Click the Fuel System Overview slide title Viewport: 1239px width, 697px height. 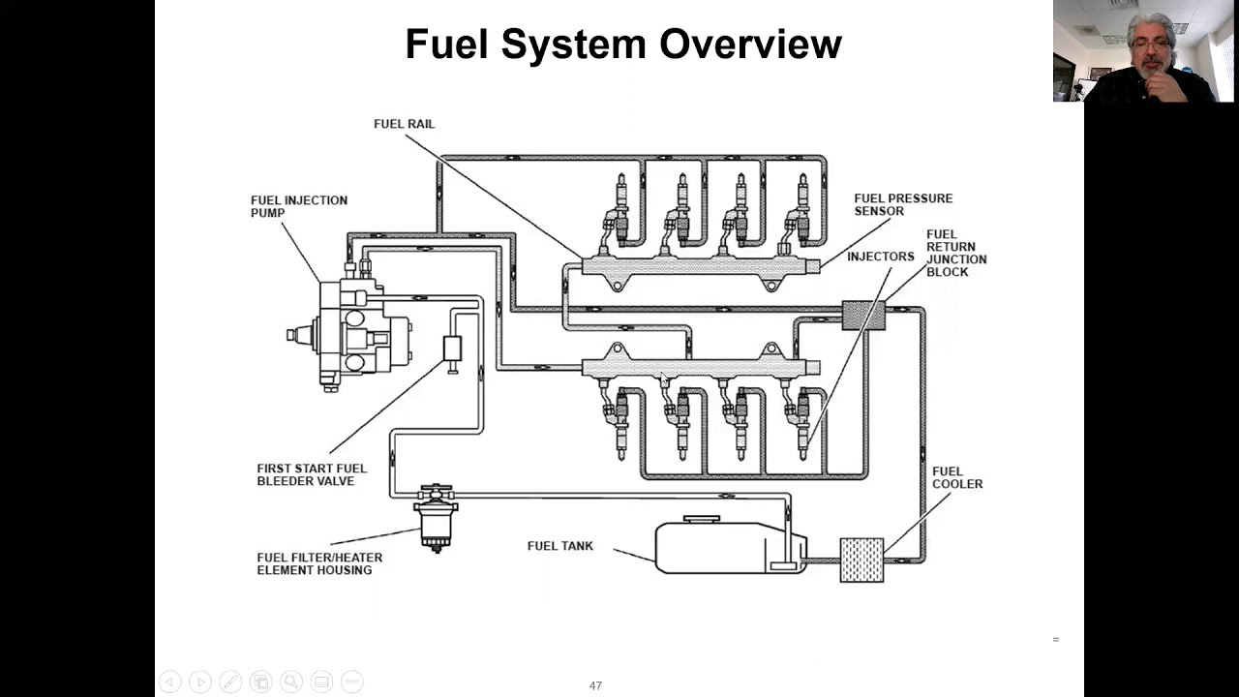(x=622, y=45)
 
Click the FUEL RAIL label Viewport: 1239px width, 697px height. (x=404, y=124)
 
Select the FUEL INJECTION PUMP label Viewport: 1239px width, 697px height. (x=298, y=206)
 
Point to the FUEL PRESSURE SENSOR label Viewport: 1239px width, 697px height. (x=902, y=204)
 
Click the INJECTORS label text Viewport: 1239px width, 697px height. (x=880, y=257)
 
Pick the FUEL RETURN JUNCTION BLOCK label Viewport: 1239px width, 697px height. (x=955, y=253)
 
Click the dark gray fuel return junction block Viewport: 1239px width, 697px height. (x=863, y=315)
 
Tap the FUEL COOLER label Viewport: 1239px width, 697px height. (x=956, y=477)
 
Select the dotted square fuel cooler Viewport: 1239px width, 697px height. (x=861, y=560)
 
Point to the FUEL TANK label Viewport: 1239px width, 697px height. (x=559, y=546)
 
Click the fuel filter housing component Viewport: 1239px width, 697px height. (x=436, y=518)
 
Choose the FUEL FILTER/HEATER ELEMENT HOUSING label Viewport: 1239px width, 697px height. (x=319, y=563)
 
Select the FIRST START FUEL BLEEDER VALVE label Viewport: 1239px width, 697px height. (x=312, y=474)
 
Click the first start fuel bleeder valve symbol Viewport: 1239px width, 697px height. (x=452, y=348)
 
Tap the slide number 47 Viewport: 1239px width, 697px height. (x=595, y=685)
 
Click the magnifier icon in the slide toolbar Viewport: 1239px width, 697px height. (x=291, y=682)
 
